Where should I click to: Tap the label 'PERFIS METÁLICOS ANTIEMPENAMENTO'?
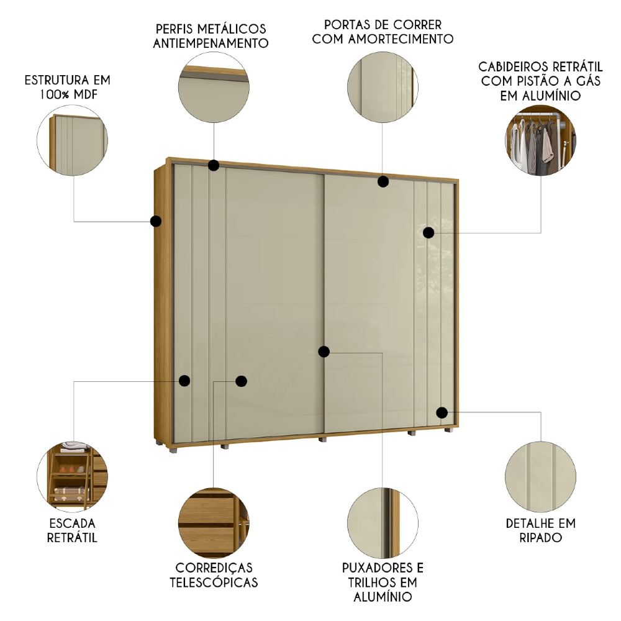[211, 36]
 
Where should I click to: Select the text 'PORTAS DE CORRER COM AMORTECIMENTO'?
[383, 32]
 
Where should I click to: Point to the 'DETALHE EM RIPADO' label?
[540, 530]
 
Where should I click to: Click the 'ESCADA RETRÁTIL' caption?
[72, 530]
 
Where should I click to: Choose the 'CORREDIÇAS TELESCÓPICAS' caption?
[214, 575]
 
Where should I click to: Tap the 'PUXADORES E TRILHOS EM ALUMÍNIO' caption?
[383, 582]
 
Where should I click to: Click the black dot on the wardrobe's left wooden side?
[156, 220]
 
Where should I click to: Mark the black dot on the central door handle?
[324, 352]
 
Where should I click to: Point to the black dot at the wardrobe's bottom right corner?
[442, 412]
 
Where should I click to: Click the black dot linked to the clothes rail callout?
[428, 232]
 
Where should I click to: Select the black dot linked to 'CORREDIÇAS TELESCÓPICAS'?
[242, 381]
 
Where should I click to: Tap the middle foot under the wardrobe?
[322, 439]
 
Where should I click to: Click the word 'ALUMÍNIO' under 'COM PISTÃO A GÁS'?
[540, 96]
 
